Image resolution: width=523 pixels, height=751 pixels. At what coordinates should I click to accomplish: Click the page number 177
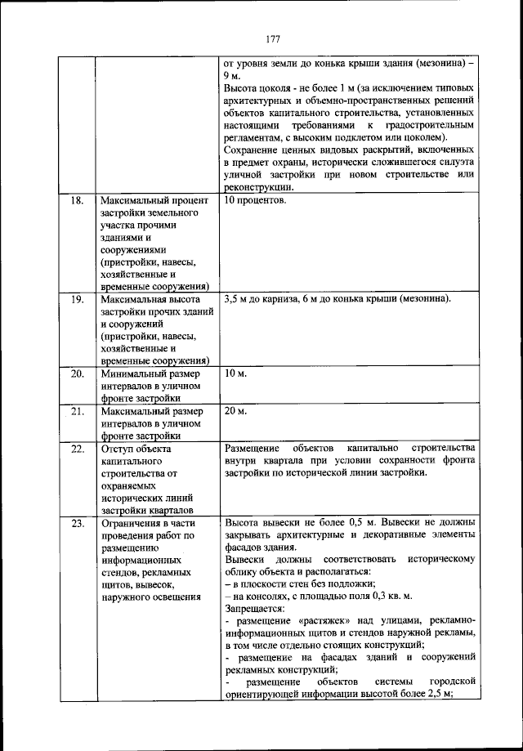(273, 38)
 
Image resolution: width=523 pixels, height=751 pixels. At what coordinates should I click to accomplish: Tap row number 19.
(78, 299)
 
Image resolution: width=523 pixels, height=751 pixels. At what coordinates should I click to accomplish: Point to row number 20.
(78, 373)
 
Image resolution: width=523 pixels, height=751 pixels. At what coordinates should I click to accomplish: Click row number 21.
(78, 410)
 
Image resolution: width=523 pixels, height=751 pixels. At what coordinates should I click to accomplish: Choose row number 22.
(78, 449)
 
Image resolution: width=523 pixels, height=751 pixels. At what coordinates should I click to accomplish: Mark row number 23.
(78, 523)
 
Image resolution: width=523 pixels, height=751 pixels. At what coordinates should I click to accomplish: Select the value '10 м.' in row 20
(235, 373)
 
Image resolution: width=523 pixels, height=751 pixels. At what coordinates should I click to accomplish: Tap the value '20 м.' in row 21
(235, 410)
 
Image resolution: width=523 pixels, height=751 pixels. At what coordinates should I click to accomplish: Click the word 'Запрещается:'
(254, 609)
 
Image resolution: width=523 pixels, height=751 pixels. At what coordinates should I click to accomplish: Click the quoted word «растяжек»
(322, 621)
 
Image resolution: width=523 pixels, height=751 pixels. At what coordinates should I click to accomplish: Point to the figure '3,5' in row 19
(231, 299)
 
